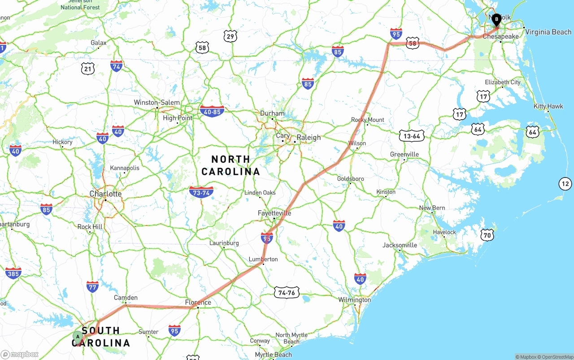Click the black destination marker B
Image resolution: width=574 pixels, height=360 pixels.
pos(496,19)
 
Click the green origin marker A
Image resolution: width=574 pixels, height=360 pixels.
pos(78,336)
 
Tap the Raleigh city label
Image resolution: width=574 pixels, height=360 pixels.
pos(309,138)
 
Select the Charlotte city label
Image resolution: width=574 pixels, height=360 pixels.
pos(105,194)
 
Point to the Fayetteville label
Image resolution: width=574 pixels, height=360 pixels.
pos(274,213)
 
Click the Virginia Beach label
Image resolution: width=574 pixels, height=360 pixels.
pos(548,32)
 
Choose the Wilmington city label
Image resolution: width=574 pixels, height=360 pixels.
pos(355,299)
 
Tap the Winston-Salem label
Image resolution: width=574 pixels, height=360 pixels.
pos(157,103)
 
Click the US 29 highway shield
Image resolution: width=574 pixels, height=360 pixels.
pos(230,36)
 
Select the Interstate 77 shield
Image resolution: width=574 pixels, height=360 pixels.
pos(92,286)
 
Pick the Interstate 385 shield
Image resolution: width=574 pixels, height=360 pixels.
pos(13,273)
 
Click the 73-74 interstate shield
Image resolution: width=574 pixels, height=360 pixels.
pos(201,192)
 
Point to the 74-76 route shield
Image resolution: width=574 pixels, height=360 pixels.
pos(287,292)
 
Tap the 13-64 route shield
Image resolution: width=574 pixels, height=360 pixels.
pos(412,136)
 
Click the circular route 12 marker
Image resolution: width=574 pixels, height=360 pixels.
pos(565,183)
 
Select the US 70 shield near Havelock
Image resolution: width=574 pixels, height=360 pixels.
pos(487,235)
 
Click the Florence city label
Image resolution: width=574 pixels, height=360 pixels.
pos(198,303)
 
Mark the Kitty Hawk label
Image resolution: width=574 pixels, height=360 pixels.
pos(548,106)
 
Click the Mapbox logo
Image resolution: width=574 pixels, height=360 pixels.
pos(20,354)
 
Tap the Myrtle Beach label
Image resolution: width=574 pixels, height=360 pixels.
pos(273,355)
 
